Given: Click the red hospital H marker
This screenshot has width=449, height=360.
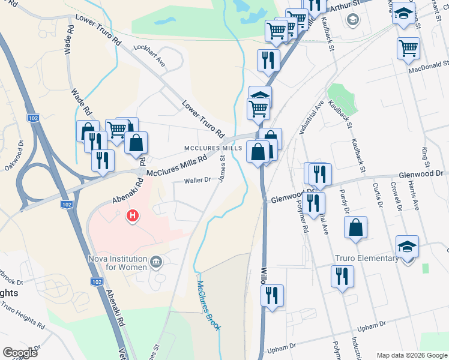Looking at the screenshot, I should [131, 214].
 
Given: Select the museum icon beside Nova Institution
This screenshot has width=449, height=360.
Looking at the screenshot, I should [156, 261].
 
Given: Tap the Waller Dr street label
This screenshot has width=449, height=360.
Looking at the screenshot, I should [197, 180].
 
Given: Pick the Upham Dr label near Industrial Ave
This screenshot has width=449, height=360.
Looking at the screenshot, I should [370, 326].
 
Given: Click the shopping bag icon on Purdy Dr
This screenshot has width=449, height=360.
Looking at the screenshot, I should [355, 227].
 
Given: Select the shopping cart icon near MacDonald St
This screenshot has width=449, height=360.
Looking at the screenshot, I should [409, 47].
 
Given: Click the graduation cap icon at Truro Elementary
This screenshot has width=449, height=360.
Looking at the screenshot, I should [407, 247].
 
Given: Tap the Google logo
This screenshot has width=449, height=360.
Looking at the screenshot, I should [20, 353].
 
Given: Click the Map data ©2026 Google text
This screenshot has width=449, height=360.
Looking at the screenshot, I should [411, 355].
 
